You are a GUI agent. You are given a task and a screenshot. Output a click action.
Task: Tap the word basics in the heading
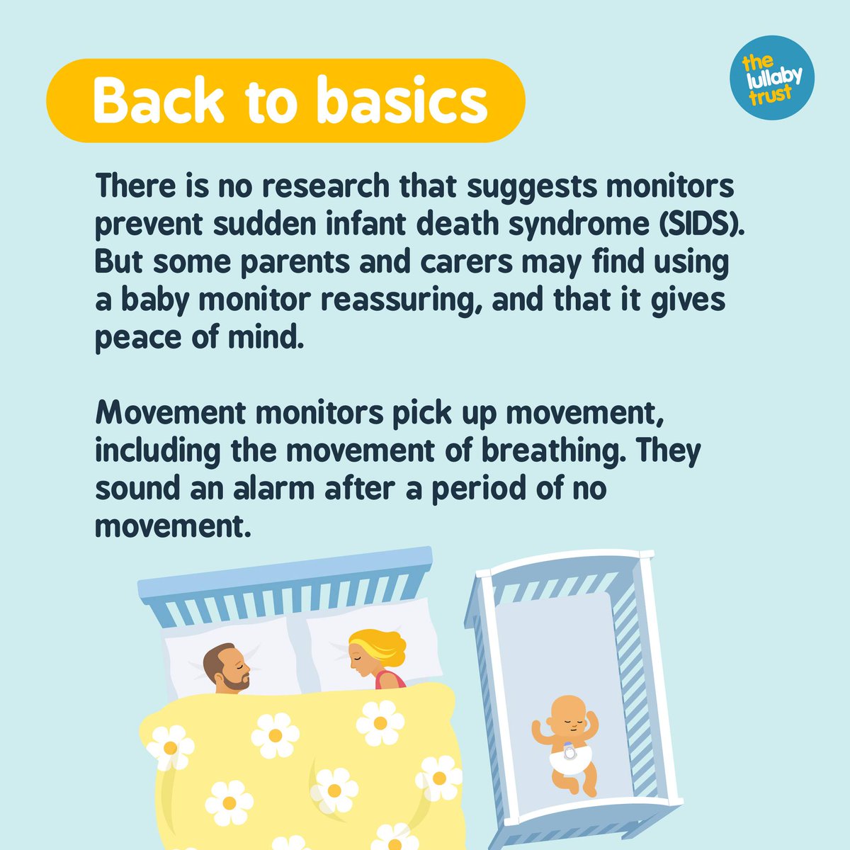coord(402,101)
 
